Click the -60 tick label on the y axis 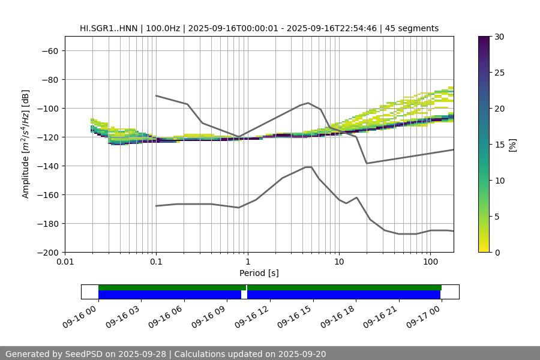tap(49, 51)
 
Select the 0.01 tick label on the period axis tap(65, 262)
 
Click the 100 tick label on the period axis tap(430, 262)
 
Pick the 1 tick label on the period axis tap(247, 262)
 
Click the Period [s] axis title tap(259, 274)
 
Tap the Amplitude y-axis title tap(26, 144)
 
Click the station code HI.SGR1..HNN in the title tap(109, 28)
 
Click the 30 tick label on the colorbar tap(499, 37)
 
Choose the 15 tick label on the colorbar tap(499, 145)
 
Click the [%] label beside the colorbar tap(512, 145)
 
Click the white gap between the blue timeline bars tap(244, 295)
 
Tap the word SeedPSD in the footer tap(86, 354)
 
